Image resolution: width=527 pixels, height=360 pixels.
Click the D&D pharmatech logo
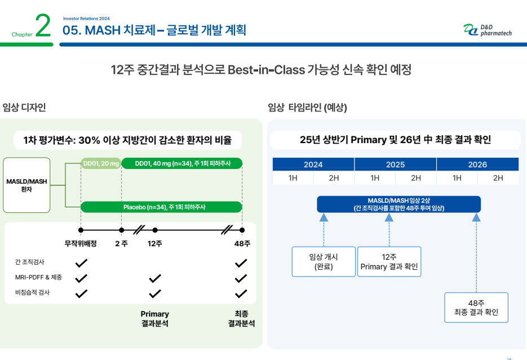pyautogui.click(x=488, y=30)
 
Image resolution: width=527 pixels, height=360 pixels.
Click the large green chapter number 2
pyautogui.click(x=43, y=25)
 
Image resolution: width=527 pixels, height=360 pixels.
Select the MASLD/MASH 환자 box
pyautogui.click(x=26, y=185)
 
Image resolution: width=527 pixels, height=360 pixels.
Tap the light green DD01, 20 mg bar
pyautogui.click(x=101, y=163)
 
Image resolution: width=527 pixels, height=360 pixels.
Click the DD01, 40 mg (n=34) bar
pyautogui.click(x=182, y=163)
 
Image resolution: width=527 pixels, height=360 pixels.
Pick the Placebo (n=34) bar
pyautogui.click(x=161, y=207)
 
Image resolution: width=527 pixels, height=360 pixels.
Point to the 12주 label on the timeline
pyautogui.click(x=155, y=243)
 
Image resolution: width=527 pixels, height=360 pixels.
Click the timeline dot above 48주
pyautogui.click(x=242, y=230)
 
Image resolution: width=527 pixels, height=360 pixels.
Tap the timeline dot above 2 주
pyautogui.click(x=121, y=230)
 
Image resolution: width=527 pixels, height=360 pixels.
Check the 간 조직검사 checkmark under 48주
pyautogui.click(x=241, y=263)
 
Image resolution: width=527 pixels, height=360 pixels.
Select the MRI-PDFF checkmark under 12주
pyautogui.click(x=155, y=278)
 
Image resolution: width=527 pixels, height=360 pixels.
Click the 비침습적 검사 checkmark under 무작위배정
pyautogui.click(x=81, y=294)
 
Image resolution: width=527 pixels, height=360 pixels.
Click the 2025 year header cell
pyautogui.click(x=395, y=165)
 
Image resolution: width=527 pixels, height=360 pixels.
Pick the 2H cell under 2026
pyautogui.click(x=498, y=178)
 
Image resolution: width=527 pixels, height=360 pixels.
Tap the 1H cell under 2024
pyautogui.click(x=293, y=178)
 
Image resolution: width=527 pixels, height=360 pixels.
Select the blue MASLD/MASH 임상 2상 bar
pyautogui.click(x=399, y=204)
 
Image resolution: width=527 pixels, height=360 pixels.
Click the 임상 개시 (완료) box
pyautogui.click(x=324, y=261)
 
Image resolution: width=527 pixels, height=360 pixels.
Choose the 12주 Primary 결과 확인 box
pyautogui.click(x=389, y=261)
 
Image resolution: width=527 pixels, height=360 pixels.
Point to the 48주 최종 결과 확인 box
pyautogui.click(x=476, y=308)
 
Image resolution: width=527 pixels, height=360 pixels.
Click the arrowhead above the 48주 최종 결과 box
pyautogui.click(x=476, y=217)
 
